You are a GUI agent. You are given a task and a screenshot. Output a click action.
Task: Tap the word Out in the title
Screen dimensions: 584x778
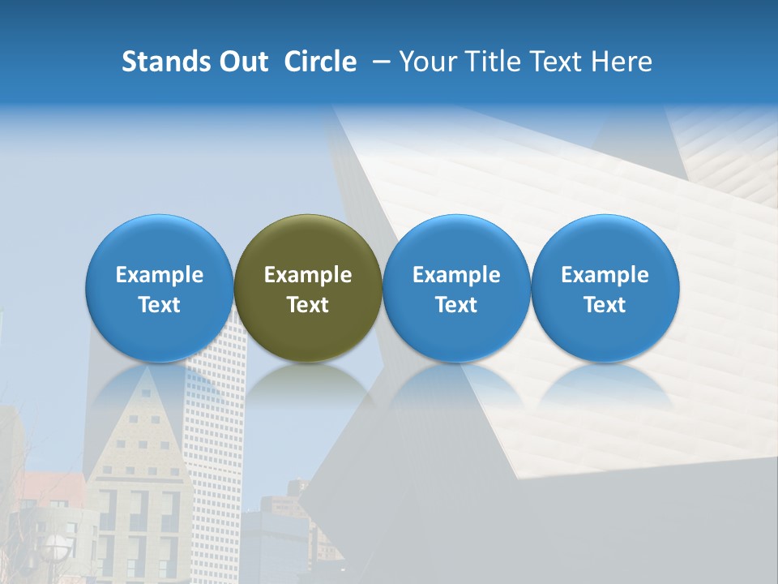[241, 62]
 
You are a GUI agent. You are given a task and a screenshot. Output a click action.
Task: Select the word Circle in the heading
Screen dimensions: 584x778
[320, 62]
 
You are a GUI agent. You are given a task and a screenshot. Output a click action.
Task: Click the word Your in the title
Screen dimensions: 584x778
[425, 62]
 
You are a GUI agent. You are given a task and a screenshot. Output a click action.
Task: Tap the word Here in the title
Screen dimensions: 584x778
[622, 62]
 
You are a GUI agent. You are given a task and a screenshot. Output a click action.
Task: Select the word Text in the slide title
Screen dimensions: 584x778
[554, 62]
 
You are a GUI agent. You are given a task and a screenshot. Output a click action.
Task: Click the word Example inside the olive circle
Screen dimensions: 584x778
[308, 275]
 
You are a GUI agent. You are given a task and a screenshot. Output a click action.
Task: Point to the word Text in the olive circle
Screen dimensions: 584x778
[308, 305]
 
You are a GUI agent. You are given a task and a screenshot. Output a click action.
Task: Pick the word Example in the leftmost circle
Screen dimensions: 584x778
[160, 275]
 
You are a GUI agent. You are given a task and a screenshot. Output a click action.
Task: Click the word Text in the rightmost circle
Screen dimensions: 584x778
[605, 305]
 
